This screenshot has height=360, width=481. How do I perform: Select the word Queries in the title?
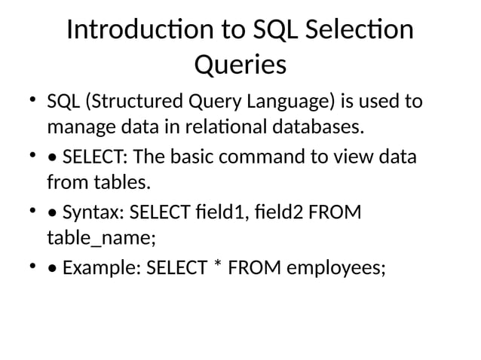240,66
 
